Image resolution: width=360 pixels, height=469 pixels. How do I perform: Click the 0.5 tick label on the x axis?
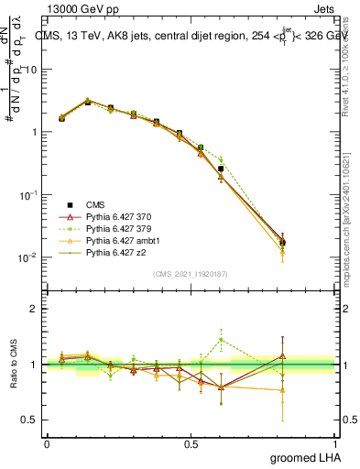pos(191,443)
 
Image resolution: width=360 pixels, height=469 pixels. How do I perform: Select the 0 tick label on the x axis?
pos(47,443)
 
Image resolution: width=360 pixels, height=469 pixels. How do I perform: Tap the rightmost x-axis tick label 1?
pos(335,443)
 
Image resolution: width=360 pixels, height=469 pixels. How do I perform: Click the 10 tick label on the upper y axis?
pos(31,70)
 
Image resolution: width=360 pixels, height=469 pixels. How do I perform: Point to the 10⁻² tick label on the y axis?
pos(28,258)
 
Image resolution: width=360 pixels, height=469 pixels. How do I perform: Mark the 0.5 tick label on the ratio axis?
pos(29,420)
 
